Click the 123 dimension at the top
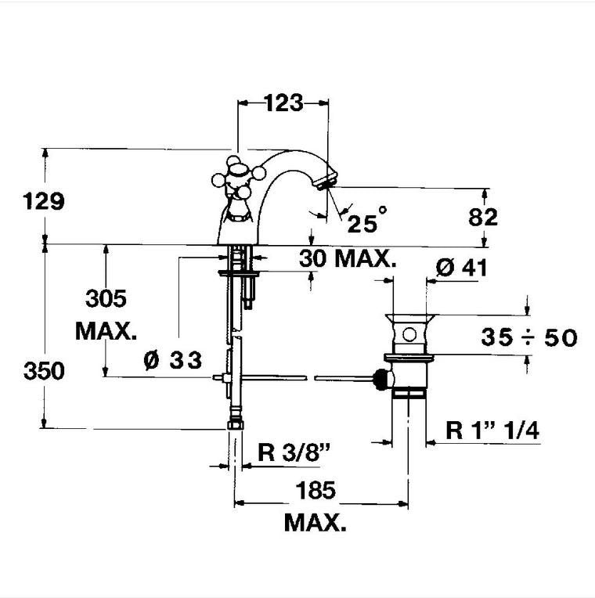pyautogui.click(x=283, y=103)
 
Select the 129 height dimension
pyautogui.click(x=44, y=201)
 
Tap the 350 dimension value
pyautogui.click(x=44, y=371)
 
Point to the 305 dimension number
pyautogui.click(x=106, y=298)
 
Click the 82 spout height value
pyautogui.click(x=483, y=218)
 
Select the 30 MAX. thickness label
pyautogui.click(x=348, y=258)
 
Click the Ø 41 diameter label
pyautogui.click(x=461, y=268)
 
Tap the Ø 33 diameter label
pyautogui.click(x=173, y=359)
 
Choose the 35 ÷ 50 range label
pyautogui.click(x=529, y=337)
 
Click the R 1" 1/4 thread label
pyautogui.click(x=492, y=430)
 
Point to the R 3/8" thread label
pyautogui.click(x=294, y=452)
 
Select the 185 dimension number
pyautogui.click(x=316, y=490)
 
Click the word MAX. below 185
pyautogui.click(x=316, y=523)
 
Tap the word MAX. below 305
pyautogui.click(x=106, y=331)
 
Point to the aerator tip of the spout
pyautogui.click(x=327, y=180)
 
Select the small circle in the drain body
pyautogui.click(x=409, y=335)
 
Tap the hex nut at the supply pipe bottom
pyautogui.click(x=236, y=424)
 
